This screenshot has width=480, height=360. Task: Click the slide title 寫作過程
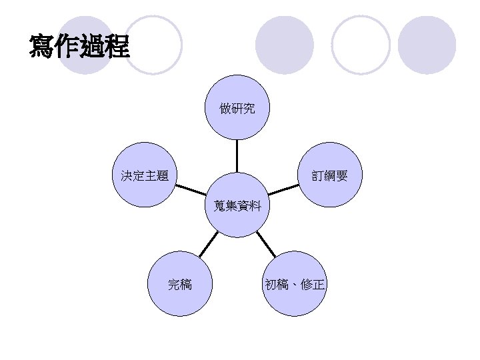79,46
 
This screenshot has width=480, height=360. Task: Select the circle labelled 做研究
237,107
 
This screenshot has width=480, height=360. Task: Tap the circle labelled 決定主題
144,176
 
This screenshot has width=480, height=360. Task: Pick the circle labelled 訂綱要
329,176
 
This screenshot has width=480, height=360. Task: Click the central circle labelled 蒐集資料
237,205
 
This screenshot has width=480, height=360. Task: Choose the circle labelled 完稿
179,285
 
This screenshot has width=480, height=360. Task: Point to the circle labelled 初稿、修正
295,285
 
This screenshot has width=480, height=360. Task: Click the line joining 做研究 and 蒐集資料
237,157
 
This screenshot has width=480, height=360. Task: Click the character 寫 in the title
42,46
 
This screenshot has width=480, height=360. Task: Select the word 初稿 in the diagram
277,285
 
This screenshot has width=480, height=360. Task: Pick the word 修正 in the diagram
313,285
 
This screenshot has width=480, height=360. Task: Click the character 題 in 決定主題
162,176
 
